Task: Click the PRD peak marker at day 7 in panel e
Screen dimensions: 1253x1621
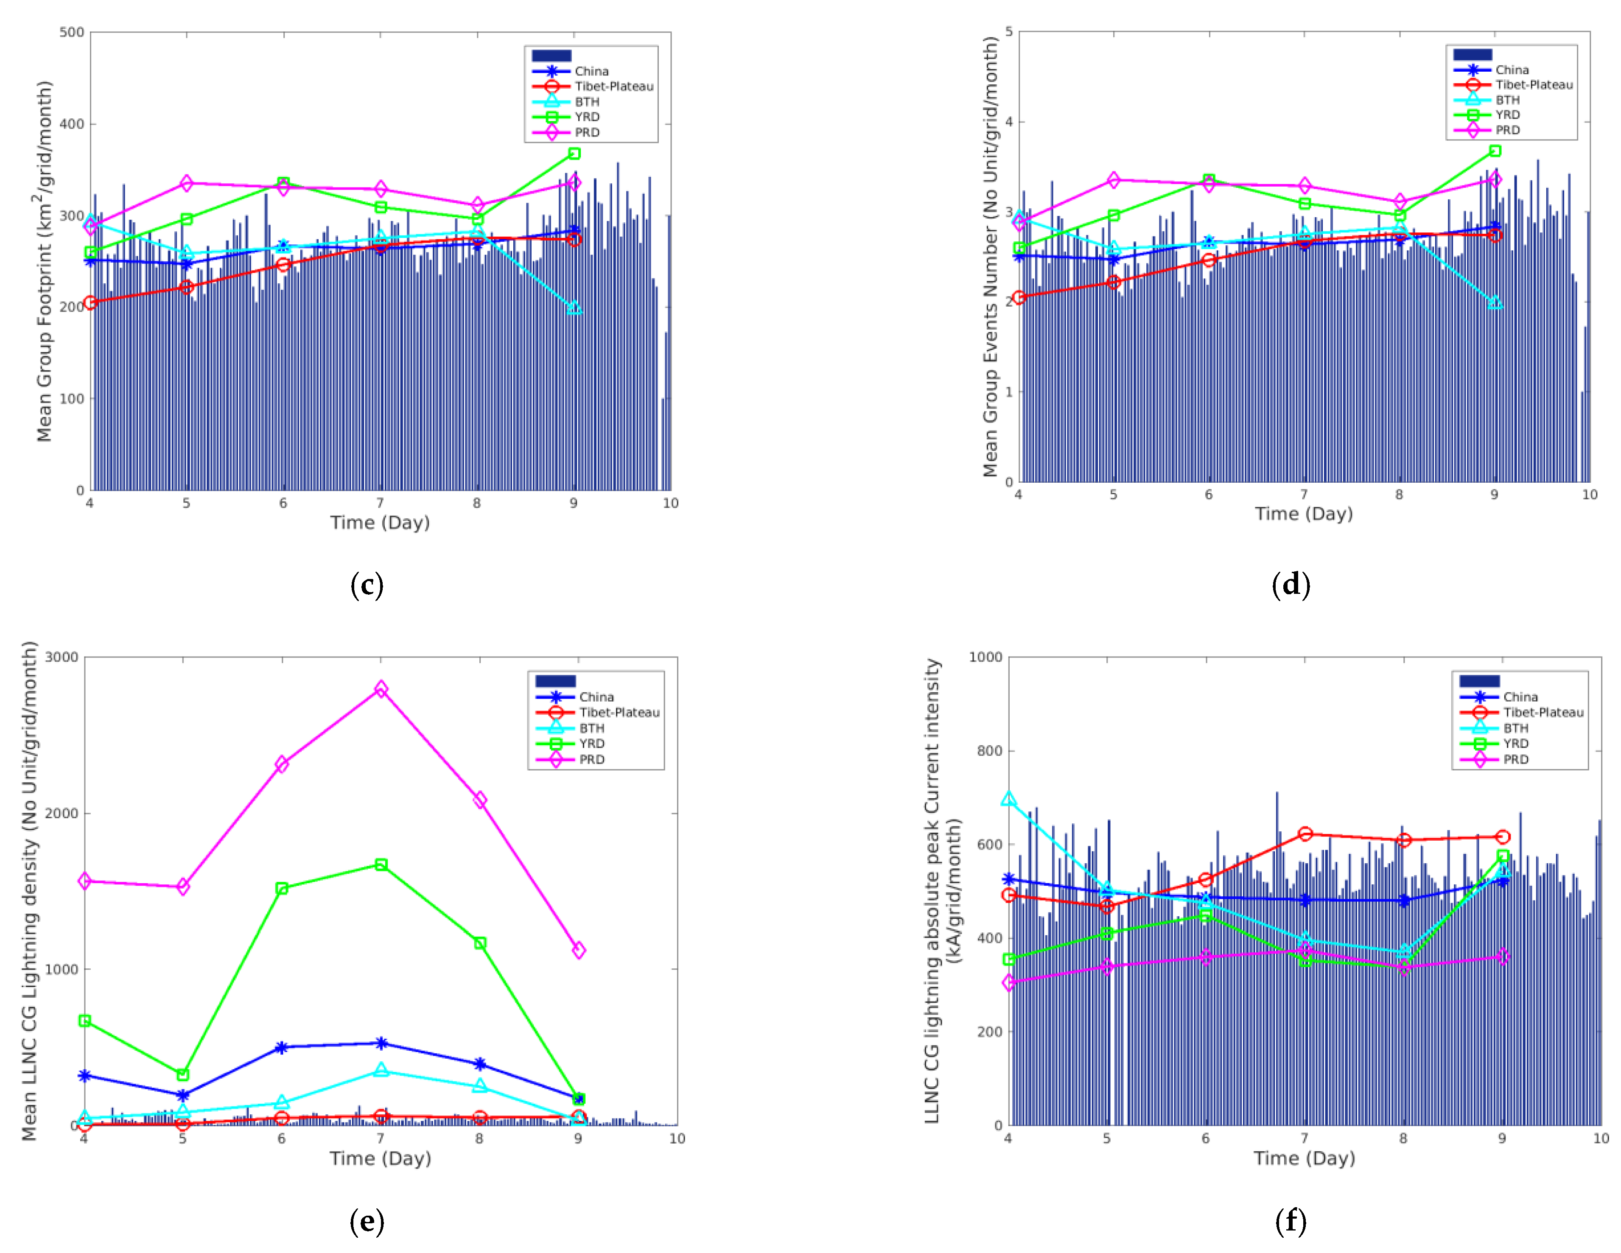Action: pyautogui.click(x=381, y=689)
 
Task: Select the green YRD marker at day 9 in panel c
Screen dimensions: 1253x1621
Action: pyautogui.click(x=574, y=154)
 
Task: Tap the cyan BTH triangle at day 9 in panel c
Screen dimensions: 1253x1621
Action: pyautogui.click(x=574, y=307)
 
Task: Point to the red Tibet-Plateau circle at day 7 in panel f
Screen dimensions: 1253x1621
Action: pyautogui.click(x=1305, y=833)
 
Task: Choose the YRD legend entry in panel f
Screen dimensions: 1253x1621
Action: pyautogui.click(x=1516, y=743)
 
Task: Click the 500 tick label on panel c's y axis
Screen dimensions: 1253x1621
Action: pyautogui.click(x=72, y=32)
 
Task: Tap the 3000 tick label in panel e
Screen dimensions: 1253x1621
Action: pyautogui.click(x=62, y=657)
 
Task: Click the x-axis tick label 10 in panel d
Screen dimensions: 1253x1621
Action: pyautogui.click(x=1589, y=495)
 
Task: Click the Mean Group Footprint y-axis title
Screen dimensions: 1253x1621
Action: pyautogui.click(x=45, y=261)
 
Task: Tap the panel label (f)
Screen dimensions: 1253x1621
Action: pyautogui.click(x=1291, y=1221)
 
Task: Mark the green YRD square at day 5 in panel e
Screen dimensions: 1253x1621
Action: pyautogui.click(x=182, y=1074)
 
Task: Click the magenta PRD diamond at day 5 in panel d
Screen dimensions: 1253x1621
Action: pyautogui.click(x=1113, y=180)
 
